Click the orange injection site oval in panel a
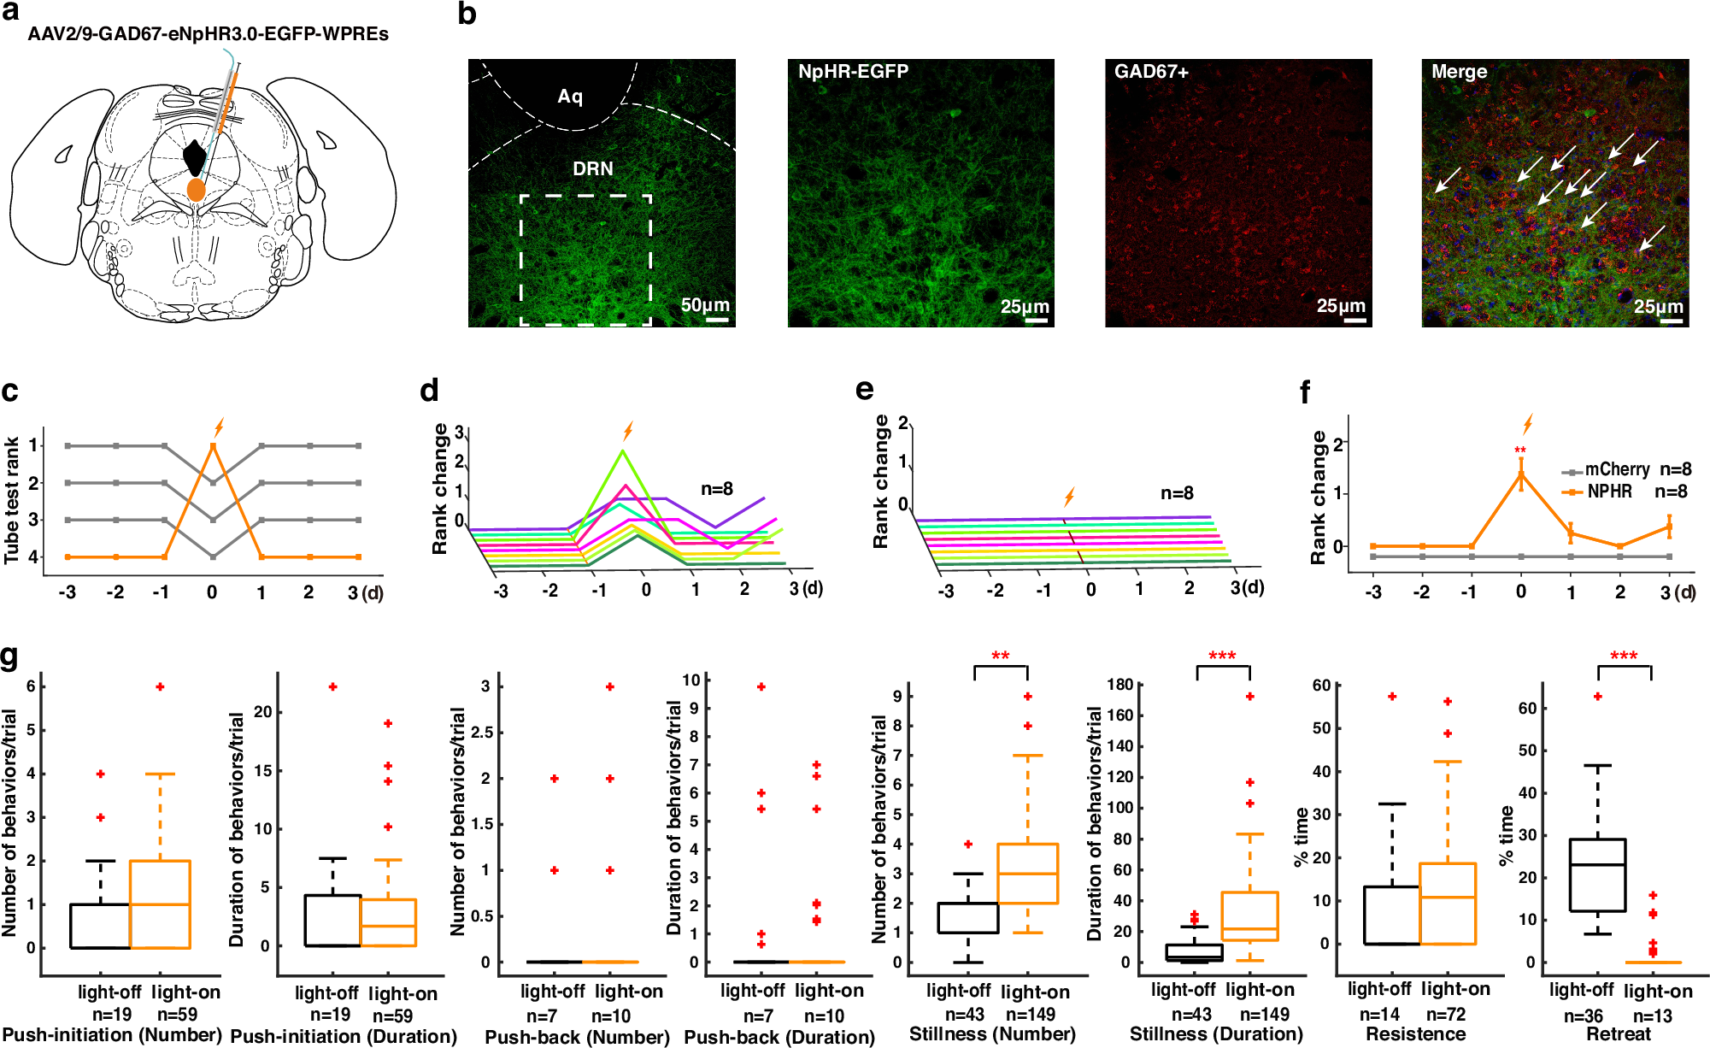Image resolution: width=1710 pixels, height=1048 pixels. pyautogui.click(x=197, y=190)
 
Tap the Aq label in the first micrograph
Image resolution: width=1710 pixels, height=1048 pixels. pyautogui.click(x=570, y=96)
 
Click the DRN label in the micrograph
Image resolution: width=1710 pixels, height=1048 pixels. pyautogui.click(x=592, y=168)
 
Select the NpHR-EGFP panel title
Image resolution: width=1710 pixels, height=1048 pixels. pyautogui.click(x=853, y=72)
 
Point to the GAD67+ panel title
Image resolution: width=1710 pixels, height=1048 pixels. pyautogui.click(x=1151, y=72)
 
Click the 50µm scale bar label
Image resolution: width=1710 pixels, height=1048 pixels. pyautogui.click(x=705, y=305)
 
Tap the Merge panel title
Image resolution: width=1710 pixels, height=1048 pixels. pyautogui.click(x=1459, y=72)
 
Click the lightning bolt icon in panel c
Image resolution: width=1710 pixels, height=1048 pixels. pyautogui.click(x=219, y=427)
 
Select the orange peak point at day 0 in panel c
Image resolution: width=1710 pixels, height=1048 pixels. pyautogui.click(x=213, y=445)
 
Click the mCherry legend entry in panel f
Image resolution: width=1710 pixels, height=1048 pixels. pyautogui.click(x=1616, y=469)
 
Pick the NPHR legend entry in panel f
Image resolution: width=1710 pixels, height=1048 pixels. pyautogui.click(x=1608, y=492)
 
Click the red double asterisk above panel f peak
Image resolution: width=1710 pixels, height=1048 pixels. pyautogui.click(x=1519, y=450)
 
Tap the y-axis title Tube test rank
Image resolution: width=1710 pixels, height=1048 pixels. pyautogui.click(x=12, y=500)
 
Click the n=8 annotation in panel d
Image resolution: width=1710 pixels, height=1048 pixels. pyautogui.click(x=717, y=489)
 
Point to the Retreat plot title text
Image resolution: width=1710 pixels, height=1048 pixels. pyautogui.click(x=1618, y=1034)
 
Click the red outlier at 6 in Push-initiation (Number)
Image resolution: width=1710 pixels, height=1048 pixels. pyautogui.click(x=160, y=687)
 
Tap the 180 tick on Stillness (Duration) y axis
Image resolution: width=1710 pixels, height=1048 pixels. pyautogui.click(x=1119, y=685)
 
